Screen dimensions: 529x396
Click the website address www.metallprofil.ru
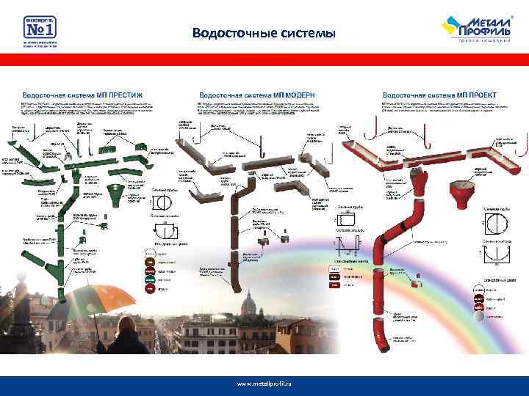264,384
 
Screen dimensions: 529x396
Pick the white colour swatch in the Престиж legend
149,249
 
